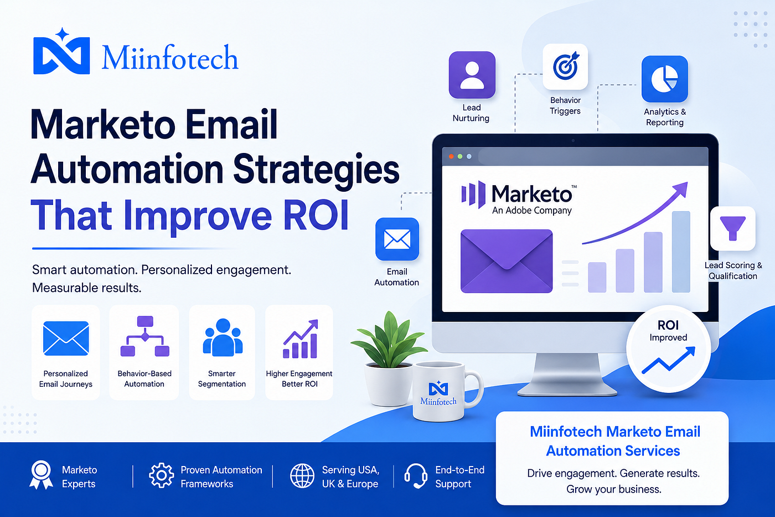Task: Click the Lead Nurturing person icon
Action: (472, 75)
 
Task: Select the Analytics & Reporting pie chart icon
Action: (665, 79)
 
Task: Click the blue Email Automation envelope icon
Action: (397, 239)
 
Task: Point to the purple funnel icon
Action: (732, 228)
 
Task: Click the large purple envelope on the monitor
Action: (507, 261)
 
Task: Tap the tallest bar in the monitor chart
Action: (681, 252)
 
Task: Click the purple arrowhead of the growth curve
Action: (680, 190)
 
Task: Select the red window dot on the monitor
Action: (451, 156)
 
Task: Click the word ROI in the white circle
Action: (668, 325)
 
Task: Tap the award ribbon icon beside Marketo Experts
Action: (41, 474)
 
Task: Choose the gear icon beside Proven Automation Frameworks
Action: (162, 475)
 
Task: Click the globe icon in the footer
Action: (302, 476)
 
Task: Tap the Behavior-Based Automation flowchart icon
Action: (144, 336)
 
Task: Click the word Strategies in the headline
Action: (316, 170)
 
